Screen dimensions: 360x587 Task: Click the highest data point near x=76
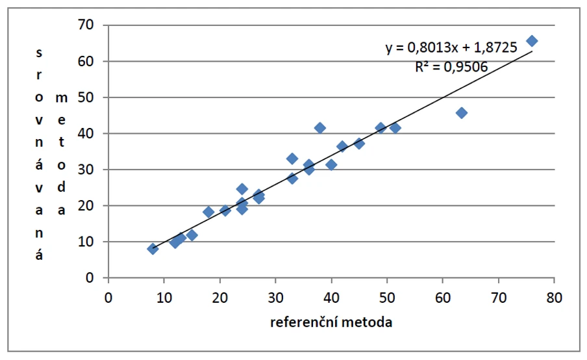[x=532, y=41]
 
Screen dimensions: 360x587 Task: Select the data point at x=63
[x=462, y=112]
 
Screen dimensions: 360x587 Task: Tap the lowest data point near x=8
[x=153, y=248]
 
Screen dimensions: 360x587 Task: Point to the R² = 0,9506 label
[x=451, y=66]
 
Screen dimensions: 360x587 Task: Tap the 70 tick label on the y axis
[x=86, y=25]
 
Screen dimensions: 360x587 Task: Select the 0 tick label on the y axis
[x=91, y=278]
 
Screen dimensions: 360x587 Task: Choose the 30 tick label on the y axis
[x=86, y=170]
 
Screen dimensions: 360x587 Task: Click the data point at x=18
[x=208, y=212]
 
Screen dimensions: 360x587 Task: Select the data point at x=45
[x=359, y=143]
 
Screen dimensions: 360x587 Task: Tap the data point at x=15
[x=192, y=235]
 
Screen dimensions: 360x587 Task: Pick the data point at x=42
[x=342, y=146]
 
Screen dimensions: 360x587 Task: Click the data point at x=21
[x=225, y=210]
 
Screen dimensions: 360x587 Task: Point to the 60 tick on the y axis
[x=86, y=62]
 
